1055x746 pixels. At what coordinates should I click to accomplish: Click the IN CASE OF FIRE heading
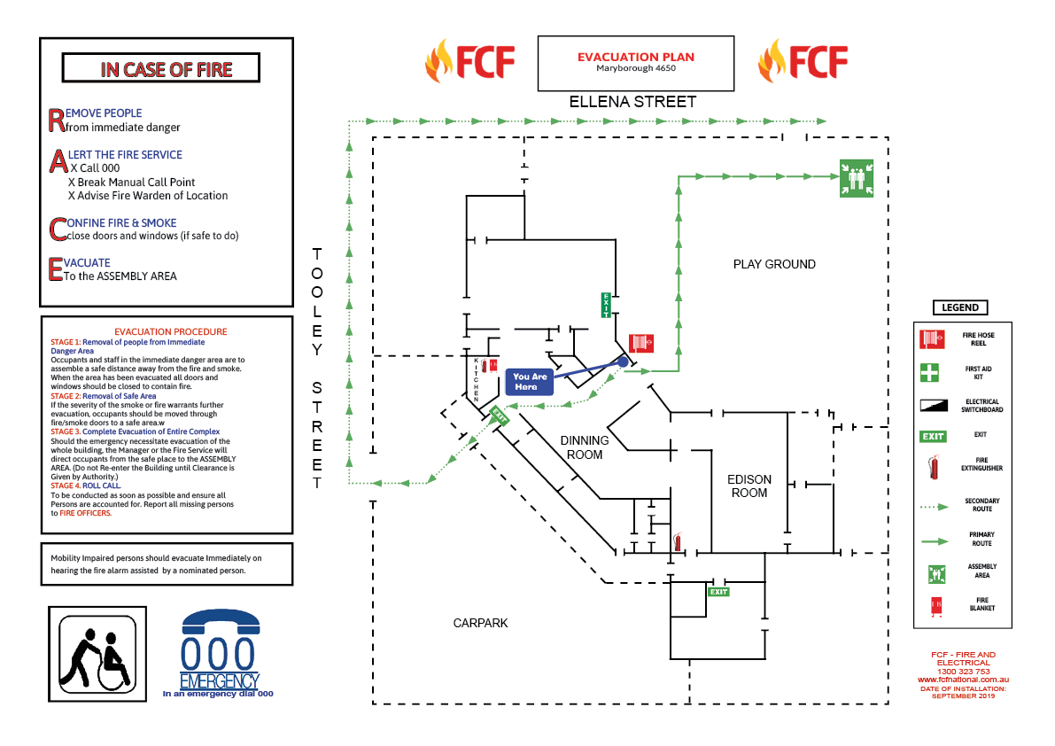coord(166,69)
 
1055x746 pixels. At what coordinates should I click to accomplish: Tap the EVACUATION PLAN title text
coord(635,57)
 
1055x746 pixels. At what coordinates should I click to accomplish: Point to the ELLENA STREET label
coord(632,102)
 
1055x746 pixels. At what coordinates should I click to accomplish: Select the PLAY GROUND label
coord(773,264)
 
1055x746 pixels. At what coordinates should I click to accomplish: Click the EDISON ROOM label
coord(749,486)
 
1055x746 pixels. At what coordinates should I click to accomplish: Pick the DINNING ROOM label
coord(584,447)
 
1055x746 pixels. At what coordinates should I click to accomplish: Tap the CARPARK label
coord(480,623)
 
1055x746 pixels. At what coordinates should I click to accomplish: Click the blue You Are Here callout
coord(531,382)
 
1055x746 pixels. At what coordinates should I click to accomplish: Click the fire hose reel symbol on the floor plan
coord(641,343)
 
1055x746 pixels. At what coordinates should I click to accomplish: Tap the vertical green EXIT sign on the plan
coord(606,304)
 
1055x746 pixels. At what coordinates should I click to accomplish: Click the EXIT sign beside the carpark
coord(718,591)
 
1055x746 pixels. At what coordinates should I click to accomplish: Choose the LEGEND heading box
coord(960,307)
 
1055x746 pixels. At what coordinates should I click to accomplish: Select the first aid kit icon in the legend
coord(929,372)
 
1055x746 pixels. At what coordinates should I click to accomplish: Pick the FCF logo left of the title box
coord(469,62)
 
